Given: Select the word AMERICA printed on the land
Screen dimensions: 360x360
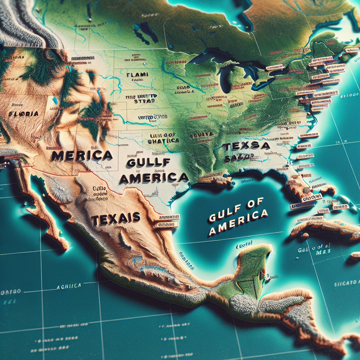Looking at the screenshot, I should coord(154,178).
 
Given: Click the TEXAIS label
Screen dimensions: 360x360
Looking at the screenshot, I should coord(116,219).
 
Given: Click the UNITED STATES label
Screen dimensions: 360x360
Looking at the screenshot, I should coord(152,117).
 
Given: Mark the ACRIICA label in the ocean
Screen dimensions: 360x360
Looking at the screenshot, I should coord(69,287).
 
